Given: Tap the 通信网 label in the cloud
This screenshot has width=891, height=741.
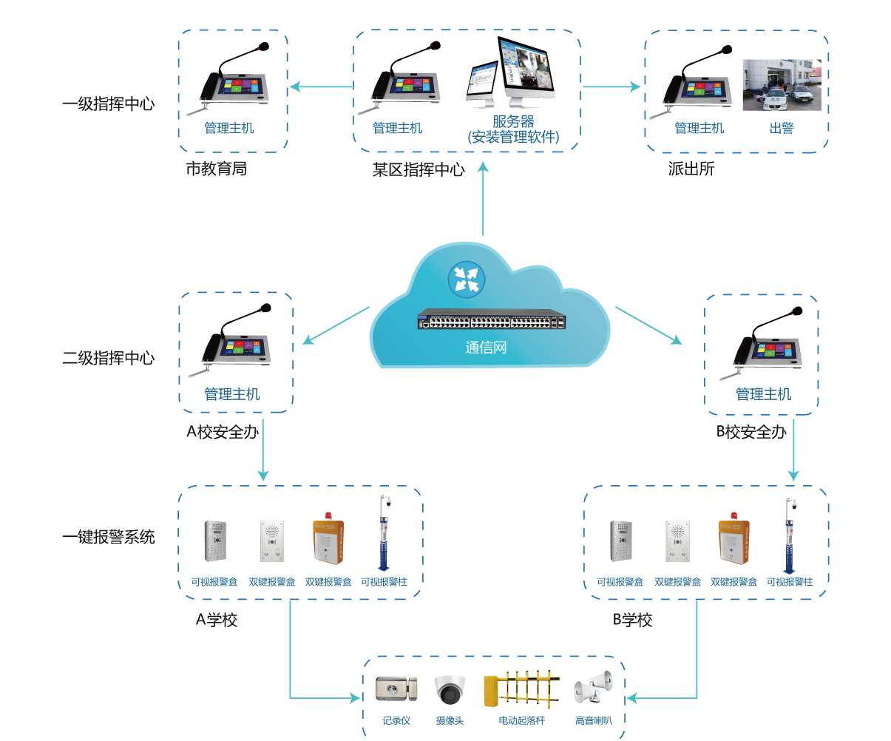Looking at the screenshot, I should pos(486,348).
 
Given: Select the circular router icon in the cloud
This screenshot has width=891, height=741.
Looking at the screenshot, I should pos(467,280).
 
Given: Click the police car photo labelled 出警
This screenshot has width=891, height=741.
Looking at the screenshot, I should pos(782,85).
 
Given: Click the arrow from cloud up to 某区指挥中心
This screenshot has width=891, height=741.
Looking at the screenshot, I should pos(484,200).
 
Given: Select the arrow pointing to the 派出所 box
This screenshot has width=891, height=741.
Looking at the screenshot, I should pos(611,87).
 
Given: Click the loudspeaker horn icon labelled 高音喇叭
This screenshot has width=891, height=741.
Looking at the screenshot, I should pos(593,690).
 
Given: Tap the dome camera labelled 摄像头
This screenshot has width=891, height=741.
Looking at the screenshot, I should pos(450,689).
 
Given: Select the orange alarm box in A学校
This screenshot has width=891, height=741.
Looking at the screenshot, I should pos(328,540).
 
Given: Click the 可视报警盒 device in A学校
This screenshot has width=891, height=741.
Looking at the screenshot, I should pos(214,541).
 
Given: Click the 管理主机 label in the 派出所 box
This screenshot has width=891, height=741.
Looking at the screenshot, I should pos(699,128).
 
